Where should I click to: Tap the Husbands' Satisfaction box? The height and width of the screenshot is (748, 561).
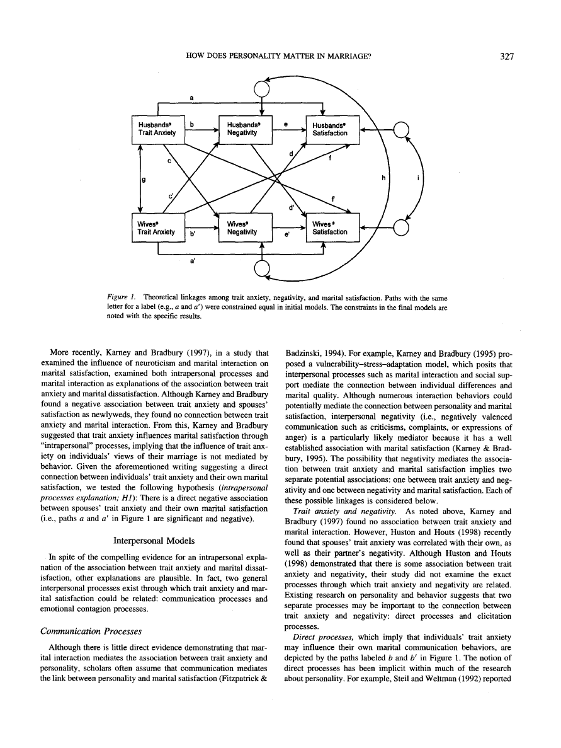click(332, 130)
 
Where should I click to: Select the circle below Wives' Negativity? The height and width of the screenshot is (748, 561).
click(262, 270)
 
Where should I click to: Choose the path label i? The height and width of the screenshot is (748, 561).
click(419, 178)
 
